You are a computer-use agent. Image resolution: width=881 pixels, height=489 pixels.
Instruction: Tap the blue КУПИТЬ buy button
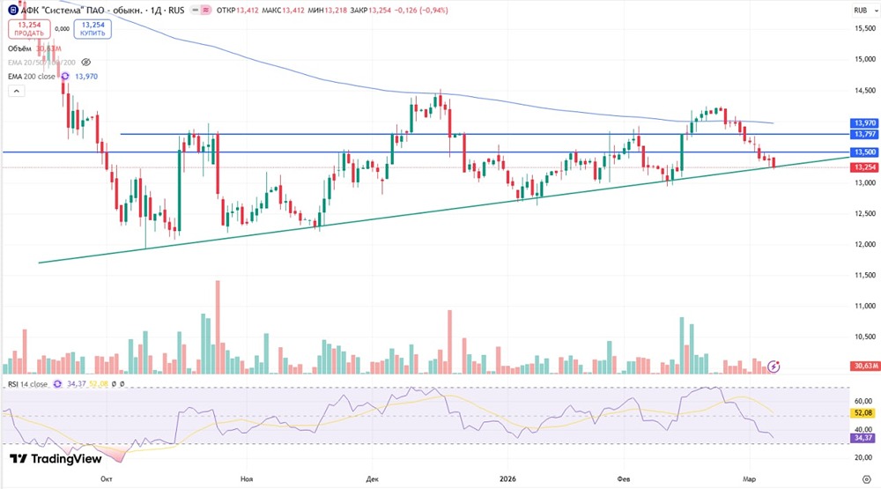[93, 28]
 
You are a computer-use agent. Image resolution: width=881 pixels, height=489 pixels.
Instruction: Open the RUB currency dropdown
[861, 10]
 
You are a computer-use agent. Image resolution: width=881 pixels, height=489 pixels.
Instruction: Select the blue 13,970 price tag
[863, 123]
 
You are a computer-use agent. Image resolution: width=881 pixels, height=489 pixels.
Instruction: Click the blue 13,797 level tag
[863, 134]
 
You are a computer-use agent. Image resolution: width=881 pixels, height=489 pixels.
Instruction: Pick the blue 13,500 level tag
[863, 152]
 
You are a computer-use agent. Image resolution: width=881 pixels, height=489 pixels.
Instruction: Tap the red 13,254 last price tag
[863, 167]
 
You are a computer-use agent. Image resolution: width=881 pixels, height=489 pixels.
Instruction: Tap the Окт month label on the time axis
[107, 478]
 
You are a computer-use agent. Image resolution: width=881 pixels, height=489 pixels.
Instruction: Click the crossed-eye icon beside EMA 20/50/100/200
[86, 63]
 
